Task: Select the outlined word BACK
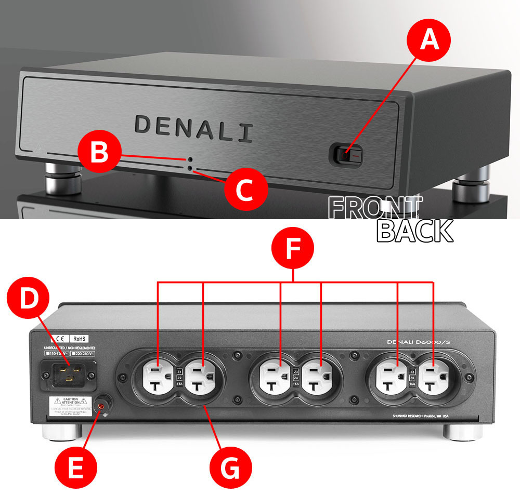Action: pyautogui.click(x=415, y=231)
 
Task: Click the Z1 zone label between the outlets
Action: pyautogui.click(x=179, y=372)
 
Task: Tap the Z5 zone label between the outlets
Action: pyautogui.click(x=412, y=372)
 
